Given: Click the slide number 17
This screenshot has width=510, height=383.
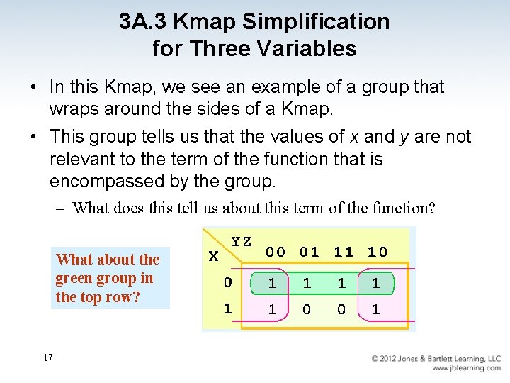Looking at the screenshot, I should pos(47,357).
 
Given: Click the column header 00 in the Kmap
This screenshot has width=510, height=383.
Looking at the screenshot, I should pos(276,252).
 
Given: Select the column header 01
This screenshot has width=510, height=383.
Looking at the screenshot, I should pos(309,252).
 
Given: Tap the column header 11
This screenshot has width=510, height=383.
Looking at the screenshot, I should pos(343,252).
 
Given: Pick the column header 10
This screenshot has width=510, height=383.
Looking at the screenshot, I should pos(377,252).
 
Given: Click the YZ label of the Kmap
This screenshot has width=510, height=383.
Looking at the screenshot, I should pos(242,241).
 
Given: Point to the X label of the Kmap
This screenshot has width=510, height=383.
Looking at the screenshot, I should pos(213,256).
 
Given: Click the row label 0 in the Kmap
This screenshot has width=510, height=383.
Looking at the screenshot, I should pos(227,282).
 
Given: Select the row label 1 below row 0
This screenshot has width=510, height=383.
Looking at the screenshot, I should pos(227,309).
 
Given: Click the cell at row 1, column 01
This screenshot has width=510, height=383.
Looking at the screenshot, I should pos(307,310).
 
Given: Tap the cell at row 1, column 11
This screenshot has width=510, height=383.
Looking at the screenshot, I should pos(341,310).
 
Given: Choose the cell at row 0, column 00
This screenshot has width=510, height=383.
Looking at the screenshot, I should pos(273,283).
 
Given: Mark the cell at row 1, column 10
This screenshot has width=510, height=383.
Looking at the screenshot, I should pos(375,310).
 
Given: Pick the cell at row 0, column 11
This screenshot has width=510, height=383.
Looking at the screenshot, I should pos(341,283).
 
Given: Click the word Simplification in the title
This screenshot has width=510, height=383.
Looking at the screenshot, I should pos(316,22).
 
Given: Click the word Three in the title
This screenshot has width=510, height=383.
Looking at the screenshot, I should pos(232,48).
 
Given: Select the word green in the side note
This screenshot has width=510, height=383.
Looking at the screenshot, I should pos(74,278).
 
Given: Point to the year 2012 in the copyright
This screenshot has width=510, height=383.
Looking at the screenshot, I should pos(392,359).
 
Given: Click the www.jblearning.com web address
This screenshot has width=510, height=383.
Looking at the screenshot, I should pos(466,368).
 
